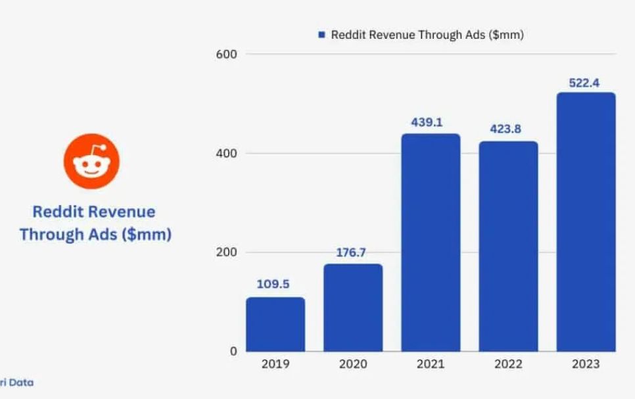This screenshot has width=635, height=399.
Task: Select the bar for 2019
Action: [x=275, y=324]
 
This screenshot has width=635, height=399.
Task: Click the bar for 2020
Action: [x=353, y=307]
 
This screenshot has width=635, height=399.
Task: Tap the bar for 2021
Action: [x=431, y=243]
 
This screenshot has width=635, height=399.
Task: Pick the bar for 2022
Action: [x=508, y=246]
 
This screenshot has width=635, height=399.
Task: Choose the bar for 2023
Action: [x=586, y=222]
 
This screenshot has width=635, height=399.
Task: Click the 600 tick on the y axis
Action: [x=226, y=54]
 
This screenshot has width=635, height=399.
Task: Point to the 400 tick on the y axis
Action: [x=226, y=153]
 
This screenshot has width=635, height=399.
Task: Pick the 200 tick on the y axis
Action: [x=226, y=252]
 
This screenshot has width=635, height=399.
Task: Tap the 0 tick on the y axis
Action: [x=233, y=351]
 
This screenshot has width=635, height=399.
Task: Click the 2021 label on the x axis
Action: [x=431, y=364]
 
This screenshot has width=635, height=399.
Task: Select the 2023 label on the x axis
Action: [x=586, y=364]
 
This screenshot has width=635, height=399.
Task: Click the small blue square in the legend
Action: [x=321, y=35]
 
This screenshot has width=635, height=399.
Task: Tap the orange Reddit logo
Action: [x=92, y=162]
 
